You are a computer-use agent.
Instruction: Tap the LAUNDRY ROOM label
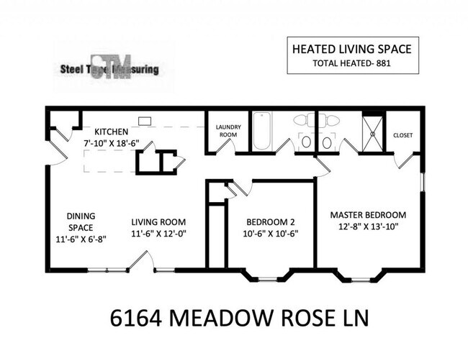pos(228,131)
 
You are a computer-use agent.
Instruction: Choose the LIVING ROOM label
pos(158,221)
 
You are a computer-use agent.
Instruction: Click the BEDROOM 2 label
pos(270,221)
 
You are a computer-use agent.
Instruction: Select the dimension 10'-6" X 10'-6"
pos(271,233)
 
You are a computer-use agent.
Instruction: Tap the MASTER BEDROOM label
pos(368,214)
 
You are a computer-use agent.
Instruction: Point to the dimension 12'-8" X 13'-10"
pos(368,227)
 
